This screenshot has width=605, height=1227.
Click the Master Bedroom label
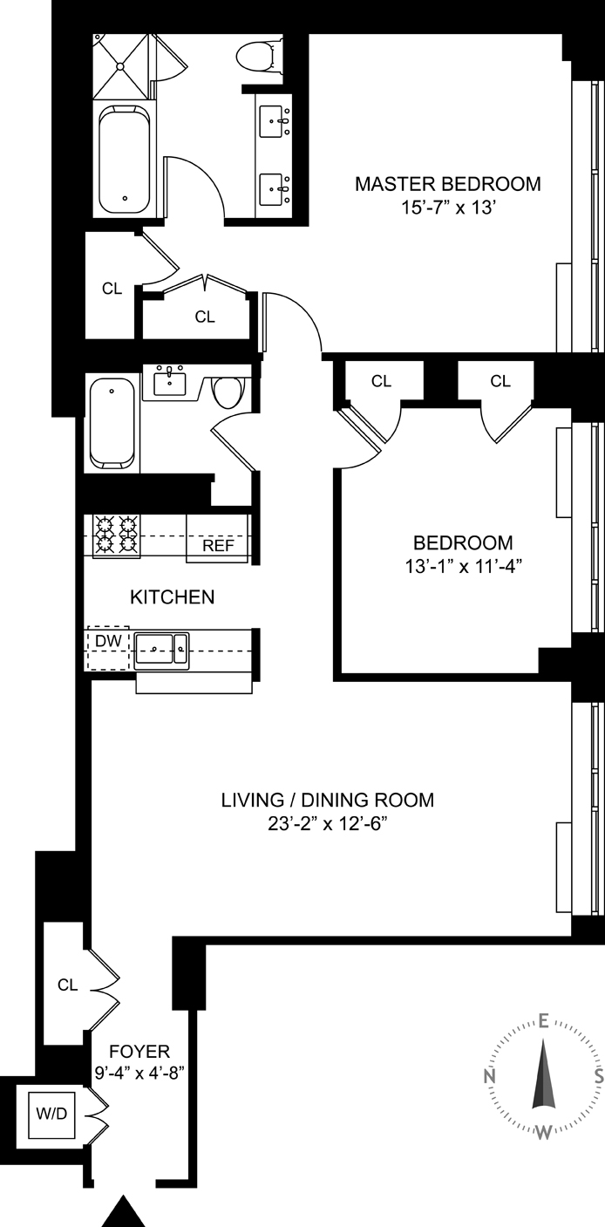447,184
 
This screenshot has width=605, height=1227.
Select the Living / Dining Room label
327,800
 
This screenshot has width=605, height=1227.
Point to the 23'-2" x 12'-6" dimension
327,824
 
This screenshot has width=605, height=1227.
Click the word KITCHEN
172,597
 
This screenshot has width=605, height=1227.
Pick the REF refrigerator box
216,546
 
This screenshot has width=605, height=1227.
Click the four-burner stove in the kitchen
117,535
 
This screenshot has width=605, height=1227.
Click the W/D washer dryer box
52,1114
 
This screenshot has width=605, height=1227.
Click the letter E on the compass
542,1020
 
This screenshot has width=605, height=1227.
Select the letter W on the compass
542,1132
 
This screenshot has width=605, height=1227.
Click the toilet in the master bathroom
259,56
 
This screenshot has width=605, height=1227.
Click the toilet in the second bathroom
228,392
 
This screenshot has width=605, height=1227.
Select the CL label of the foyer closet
67,985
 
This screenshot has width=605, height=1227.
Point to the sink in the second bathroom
169,382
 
